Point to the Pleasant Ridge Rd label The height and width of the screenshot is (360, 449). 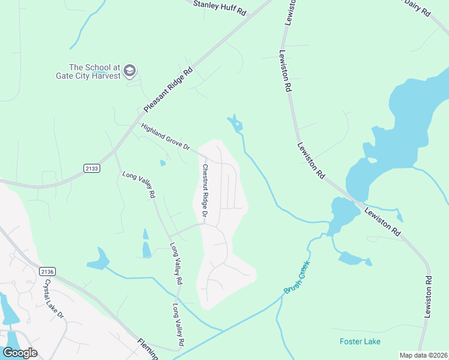coord(169,88)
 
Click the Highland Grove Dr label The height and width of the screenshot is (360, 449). coord(165,137)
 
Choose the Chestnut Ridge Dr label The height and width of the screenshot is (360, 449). coord(205,191)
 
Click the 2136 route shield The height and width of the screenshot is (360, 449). coord(47,272)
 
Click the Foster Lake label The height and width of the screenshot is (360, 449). coord(360,341)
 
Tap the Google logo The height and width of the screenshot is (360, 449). coord(20,353)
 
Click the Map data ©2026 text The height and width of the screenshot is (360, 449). coord(423,355)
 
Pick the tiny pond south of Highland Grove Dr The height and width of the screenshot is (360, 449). coord(163,163)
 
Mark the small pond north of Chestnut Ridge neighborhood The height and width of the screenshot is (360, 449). coord(236,125)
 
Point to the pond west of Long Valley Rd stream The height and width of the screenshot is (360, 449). coord(99,259)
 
